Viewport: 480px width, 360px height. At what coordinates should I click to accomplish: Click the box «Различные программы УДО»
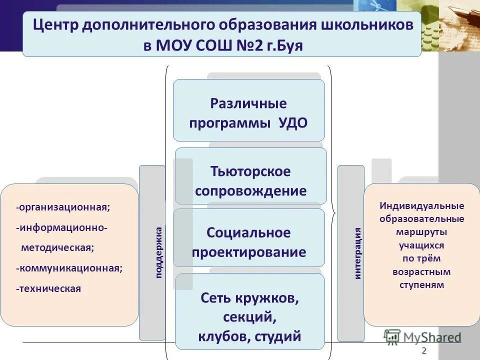[x=248, y=110]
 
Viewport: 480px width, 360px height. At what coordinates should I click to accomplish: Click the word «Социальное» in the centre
[x=248, y=232]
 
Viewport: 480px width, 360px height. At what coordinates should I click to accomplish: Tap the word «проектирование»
[x=248, y=252]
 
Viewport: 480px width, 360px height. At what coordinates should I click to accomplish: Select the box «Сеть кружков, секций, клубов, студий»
[x=249, y=311]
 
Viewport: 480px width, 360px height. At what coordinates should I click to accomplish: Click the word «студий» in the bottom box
[x=277, y=336]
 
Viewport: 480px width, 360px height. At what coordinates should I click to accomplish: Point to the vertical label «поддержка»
[x=158, y=252]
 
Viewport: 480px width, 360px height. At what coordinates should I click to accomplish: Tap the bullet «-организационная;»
[x=63, y=207]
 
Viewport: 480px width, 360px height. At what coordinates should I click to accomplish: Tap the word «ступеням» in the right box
[x=421, y=285]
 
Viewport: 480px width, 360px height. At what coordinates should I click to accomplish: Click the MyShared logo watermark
[x=422, y=336]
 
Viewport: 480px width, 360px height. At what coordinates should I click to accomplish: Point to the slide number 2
[x=424, y=349]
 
